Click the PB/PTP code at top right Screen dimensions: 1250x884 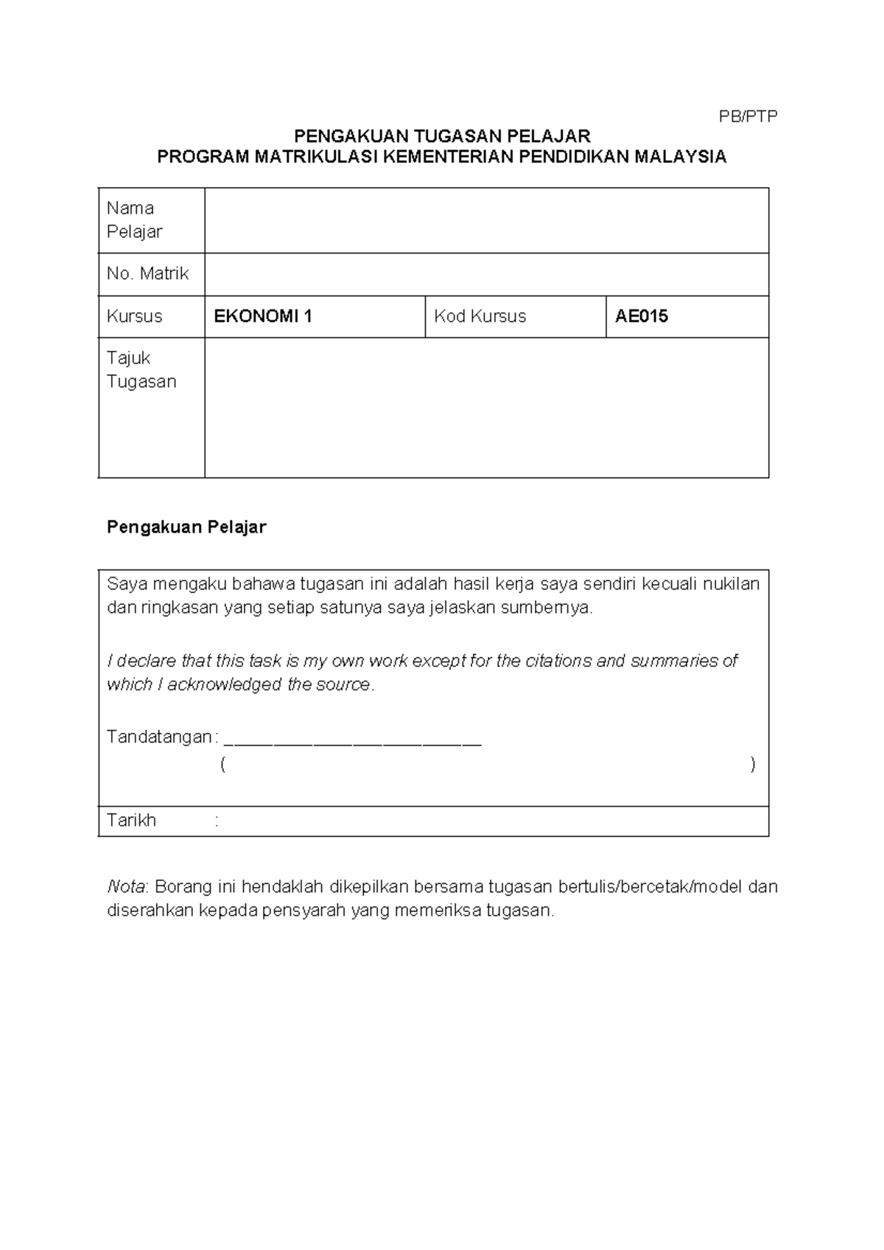(x=748, y=116)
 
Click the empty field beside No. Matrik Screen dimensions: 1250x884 (x=486, y=274)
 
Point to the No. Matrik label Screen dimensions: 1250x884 (x=147, y=274)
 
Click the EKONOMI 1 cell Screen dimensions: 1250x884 (x=263, y=317)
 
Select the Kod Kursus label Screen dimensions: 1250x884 (x=480, y=317)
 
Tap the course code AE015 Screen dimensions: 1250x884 (x=642, y=317)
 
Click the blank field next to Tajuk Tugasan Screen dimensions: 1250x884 (x=486, y=407)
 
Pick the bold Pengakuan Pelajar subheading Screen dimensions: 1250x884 (x=186, y=527)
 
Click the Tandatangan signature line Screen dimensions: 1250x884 (x=352, y=739)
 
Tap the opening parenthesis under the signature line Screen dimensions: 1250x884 (x=222, y=765)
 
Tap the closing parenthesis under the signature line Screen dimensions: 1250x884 (x=752, y=765)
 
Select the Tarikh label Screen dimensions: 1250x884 (x=131, y=821)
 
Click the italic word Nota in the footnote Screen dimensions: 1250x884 (x=126, y=887)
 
